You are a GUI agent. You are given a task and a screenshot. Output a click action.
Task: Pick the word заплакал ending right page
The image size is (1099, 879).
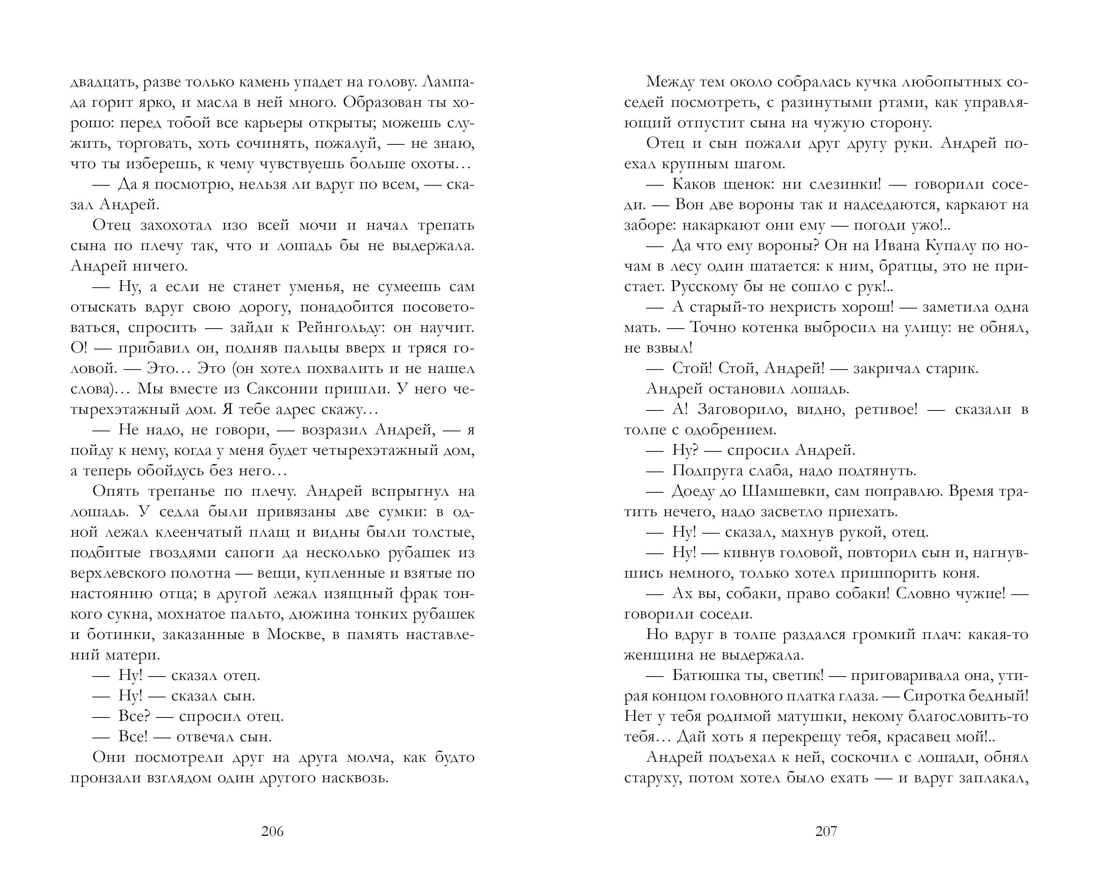pyautogui.click(x=993, y=778)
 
